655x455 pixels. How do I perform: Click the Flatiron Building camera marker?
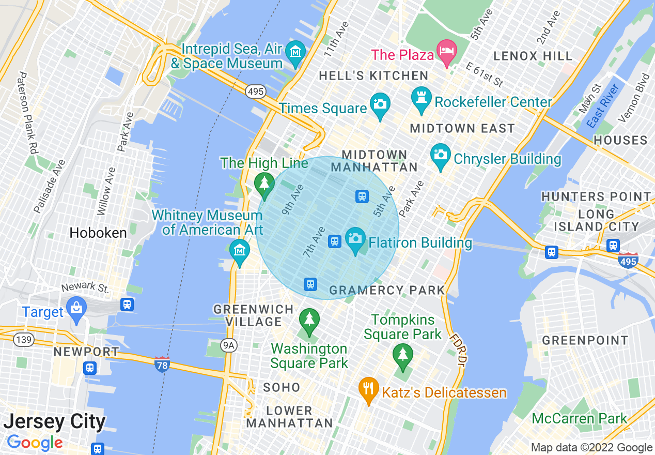(x=355, y=238)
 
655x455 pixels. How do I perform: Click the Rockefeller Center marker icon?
(x=422, y=97)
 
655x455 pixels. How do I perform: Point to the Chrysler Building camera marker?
(x=440, y=154)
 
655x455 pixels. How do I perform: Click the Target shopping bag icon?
(x=76, y=308)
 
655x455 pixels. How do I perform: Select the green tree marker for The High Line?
(x=264, y=183)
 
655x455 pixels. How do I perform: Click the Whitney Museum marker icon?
(x=239, y=251)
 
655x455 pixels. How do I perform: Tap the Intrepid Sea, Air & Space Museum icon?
(x=295, y=52)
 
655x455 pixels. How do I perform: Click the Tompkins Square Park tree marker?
(x=402, y=355)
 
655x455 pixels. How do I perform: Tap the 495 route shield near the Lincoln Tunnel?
(x=256, y=92)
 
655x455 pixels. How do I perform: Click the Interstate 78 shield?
(x=162, y=365)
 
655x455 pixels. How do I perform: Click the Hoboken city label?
(x=98, y=233)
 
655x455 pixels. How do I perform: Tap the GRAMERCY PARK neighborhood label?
(x=387, y=291)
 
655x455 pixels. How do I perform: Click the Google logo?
(x=35, y=443)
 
